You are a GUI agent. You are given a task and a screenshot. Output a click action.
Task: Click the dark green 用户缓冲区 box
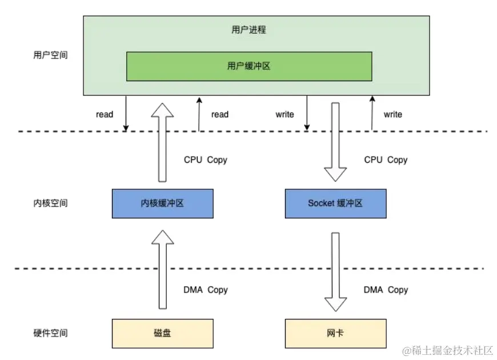pos(248,66)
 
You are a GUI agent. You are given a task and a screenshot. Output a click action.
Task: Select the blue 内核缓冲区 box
pos(163,203)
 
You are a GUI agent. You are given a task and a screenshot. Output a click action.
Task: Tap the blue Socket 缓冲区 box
pos(335,203)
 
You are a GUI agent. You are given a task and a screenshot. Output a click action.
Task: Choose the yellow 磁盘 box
pos(163,333)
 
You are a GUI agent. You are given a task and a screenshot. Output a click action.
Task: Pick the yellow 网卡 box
pos(335,333)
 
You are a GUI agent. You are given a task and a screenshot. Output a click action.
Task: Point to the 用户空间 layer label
pos(50,56)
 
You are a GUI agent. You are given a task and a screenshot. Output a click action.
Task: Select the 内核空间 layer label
pos(50,203)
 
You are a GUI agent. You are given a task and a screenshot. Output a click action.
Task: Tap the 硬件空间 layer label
pos(50,333)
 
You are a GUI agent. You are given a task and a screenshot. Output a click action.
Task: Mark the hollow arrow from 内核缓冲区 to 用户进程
pos(163,143)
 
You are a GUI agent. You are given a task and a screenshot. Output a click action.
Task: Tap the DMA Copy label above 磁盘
pos(206,290)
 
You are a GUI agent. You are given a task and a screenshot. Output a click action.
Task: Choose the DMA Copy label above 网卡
pos(386,290)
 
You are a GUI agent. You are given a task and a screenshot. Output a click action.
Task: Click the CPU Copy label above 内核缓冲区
pos(205,160)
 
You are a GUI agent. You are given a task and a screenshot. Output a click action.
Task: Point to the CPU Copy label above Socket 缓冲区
pos(386,160)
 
